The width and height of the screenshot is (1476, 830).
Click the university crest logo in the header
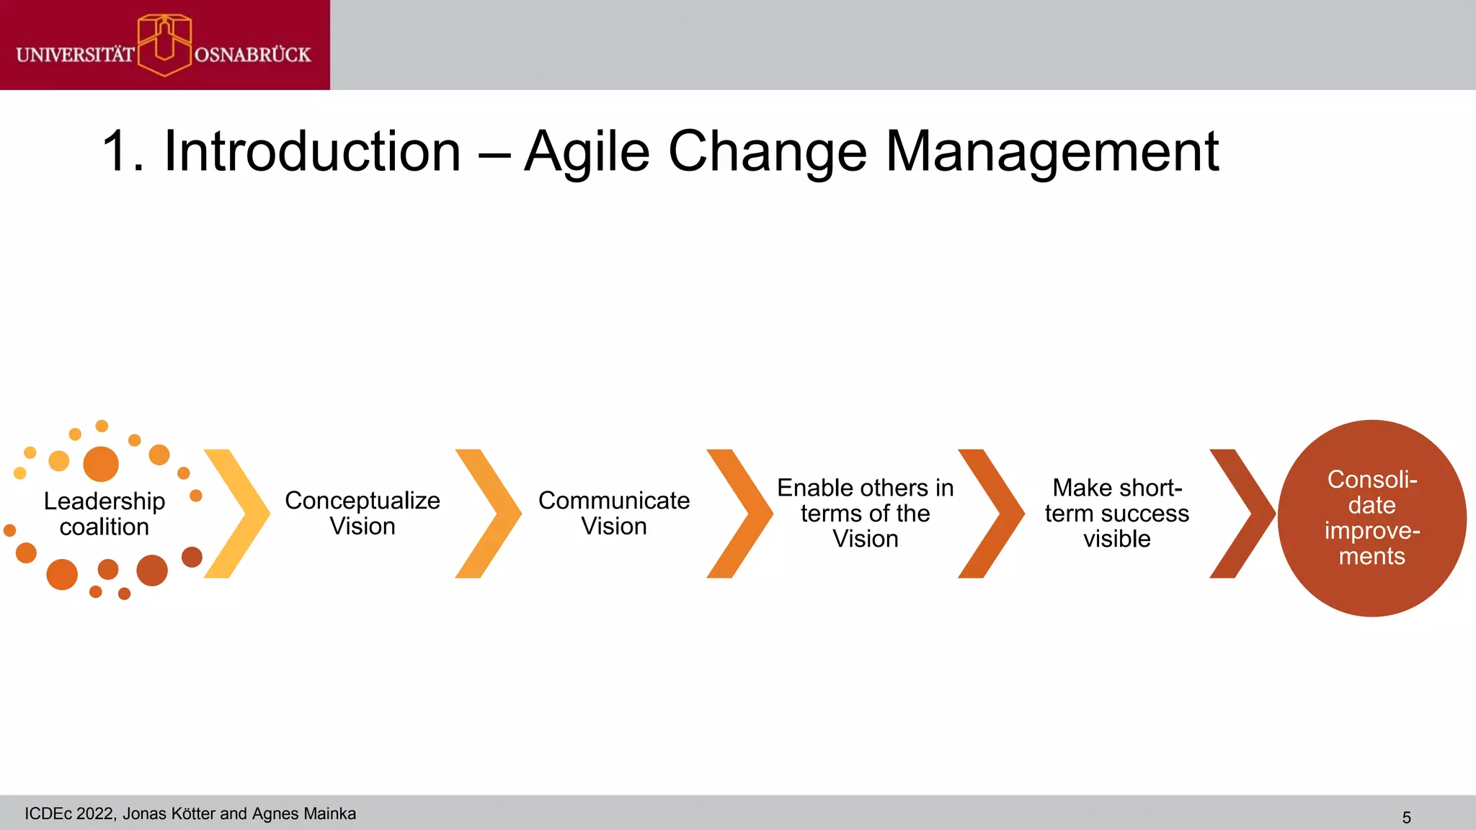164,45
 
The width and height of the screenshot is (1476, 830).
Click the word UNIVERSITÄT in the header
75,55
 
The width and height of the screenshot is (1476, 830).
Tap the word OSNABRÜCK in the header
252,55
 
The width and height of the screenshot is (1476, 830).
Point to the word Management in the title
1052,152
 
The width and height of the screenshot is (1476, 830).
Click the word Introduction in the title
312,152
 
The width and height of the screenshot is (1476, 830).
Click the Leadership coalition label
105,514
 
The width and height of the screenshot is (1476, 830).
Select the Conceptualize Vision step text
363,513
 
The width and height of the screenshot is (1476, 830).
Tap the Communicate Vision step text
614,513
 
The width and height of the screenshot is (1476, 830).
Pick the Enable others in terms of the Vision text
865,513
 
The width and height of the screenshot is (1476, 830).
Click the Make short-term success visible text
1116,513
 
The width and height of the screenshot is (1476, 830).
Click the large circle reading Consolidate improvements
1371,518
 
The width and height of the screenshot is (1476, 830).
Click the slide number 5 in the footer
1406,818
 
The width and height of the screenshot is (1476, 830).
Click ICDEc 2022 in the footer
69,813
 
